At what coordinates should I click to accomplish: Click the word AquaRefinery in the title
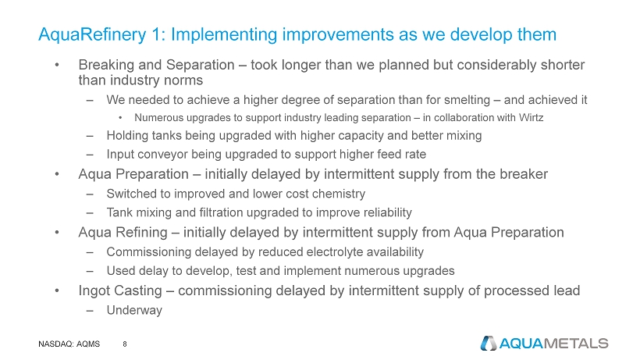pos(92,34)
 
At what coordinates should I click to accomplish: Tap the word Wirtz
pos(531,118)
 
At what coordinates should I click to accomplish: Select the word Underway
pos(134,310)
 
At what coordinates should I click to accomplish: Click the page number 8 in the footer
pos(125,344)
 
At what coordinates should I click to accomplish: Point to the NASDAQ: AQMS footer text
pos(69,344)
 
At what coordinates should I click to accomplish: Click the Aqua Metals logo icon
pos(488,344)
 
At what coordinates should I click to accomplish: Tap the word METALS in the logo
pos(576,344)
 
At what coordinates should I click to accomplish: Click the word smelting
pos(467,100)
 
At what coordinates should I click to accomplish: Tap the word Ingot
pos(92,290)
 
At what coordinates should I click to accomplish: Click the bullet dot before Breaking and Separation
pos(57,65)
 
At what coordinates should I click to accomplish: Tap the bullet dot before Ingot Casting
pos(57,290)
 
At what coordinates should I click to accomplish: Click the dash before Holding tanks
pos(90,136)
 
